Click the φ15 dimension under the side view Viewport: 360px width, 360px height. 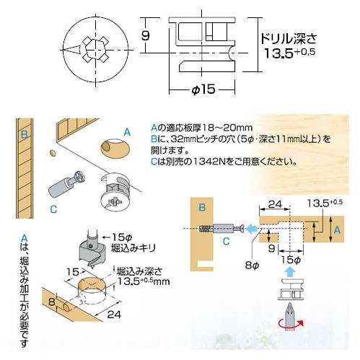click(203, 89)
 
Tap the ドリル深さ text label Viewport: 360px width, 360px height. click(289, 39)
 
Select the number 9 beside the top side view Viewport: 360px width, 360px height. click(146, 35)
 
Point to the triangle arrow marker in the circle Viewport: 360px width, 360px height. click(72, 50)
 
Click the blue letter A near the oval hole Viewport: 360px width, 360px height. click(127, 132)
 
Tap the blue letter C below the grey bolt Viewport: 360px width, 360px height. click(53, 209)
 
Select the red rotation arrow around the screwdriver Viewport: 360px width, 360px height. click(291, 324)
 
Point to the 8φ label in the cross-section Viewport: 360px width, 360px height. click(252, 265)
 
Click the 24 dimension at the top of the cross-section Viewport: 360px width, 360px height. click(275, 204)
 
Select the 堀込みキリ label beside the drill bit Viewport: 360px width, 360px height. click(133, 248)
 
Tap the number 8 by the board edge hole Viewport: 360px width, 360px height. click(51, 302)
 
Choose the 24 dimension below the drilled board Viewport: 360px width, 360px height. click(114, 315)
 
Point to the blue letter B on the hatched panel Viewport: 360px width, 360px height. click(24, 135)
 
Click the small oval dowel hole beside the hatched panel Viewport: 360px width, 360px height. click(53, 153)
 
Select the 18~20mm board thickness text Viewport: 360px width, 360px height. click(227, 127)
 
